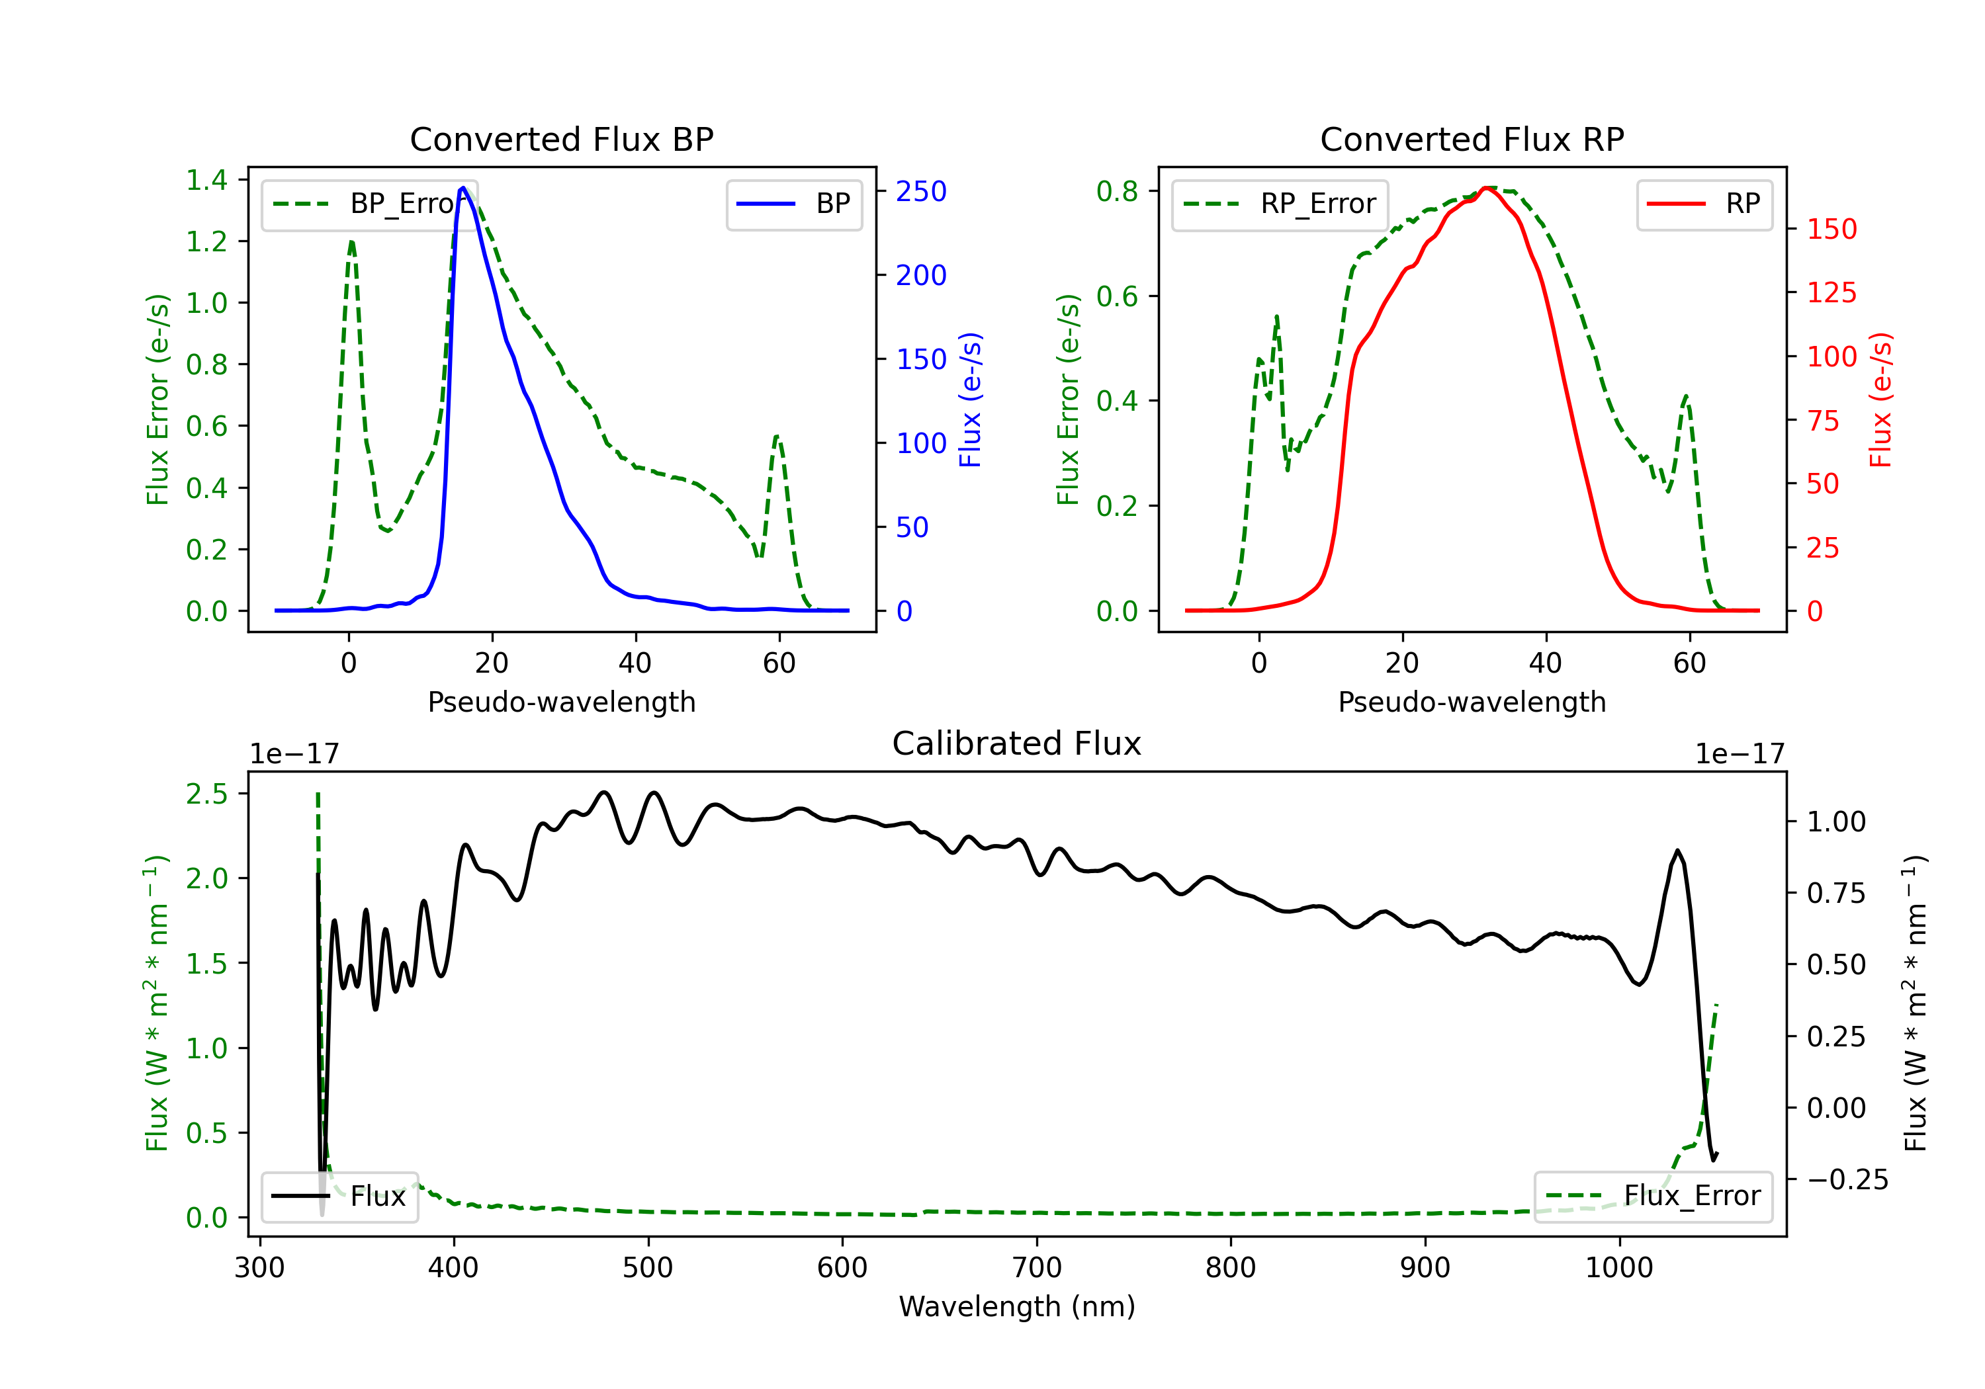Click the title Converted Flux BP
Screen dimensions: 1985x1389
click(x=561, y=139)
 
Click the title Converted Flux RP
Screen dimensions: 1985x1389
click(x=1472, y=139)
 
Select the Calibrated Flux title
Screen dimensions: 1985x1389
click(x=1017, y=743)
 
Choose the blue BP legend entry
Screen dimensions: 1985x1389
click(x=793, y=204)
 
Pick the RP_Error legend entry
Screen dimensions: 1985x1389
click(x=1280, y=204)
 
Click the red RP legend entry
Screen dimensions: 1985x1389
click(x=1704, y=204)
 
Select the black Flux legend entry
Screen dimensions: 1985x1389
click(x=339, y=1197)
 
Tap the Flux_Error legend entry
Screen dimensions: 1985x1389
click(x=1653, y=1197)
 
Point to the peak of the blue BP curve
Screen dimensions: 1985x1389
click(x=463, y=188)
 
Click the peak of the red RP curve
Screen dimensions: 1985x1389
click(x=1487, y=188)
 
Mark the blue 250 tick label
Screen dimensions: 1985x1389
click(x=921, y=192)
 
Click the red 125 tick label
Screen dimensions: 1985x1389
click(x=1831, y=293)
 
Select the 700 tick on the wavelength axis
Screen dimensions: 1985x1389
click(x=1037, y=1267)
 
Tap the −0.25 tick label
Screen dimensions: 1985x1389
click(x=1847, y=1180)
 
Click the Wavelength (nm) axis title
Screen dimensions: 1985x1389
click(x=1017, y=1306)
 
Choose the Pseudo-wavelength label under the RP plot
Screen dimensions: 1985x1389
click(x=1472, y=702)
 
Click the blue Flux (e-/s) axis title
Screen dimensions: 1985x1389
click(x=970, y=400)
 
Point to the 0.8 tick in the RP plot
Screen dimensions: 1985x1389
click(x=1117, y=191)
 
